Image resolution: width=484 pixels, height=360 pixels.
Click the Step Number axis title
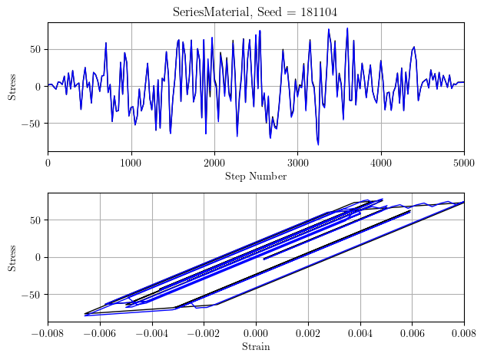pos(256,177)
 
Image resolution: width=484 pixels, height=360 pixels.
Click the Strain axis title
pos(256,347)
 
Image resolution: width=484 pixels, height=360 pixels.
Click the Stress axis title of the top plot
pos(12,87)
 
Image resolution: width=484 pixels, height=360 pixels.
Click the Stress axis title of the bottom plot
pos(12,257)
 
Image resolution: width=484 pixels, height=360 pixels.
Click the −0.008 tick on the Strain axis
pos(48,332)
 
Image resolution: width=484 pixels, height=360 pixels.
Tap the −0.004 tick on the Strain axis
pos(152,332)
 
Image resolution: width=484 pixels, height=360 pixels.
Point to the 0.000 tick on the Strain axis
pos(256,332)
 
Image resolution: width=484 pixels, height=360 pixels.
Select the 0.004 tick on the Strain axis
pos(360,332)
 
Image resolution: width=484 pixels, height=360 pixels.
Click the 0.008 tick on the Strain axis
pos(463,332)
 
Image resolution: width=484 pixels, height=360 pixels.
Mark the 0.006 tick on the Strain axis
pos(412,332)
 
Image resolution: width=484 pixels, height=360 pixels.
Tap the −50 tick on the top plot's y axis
pos(33,123)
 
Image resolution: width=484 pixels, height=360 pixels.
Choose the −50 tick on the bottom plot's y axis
pos(33,294)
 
